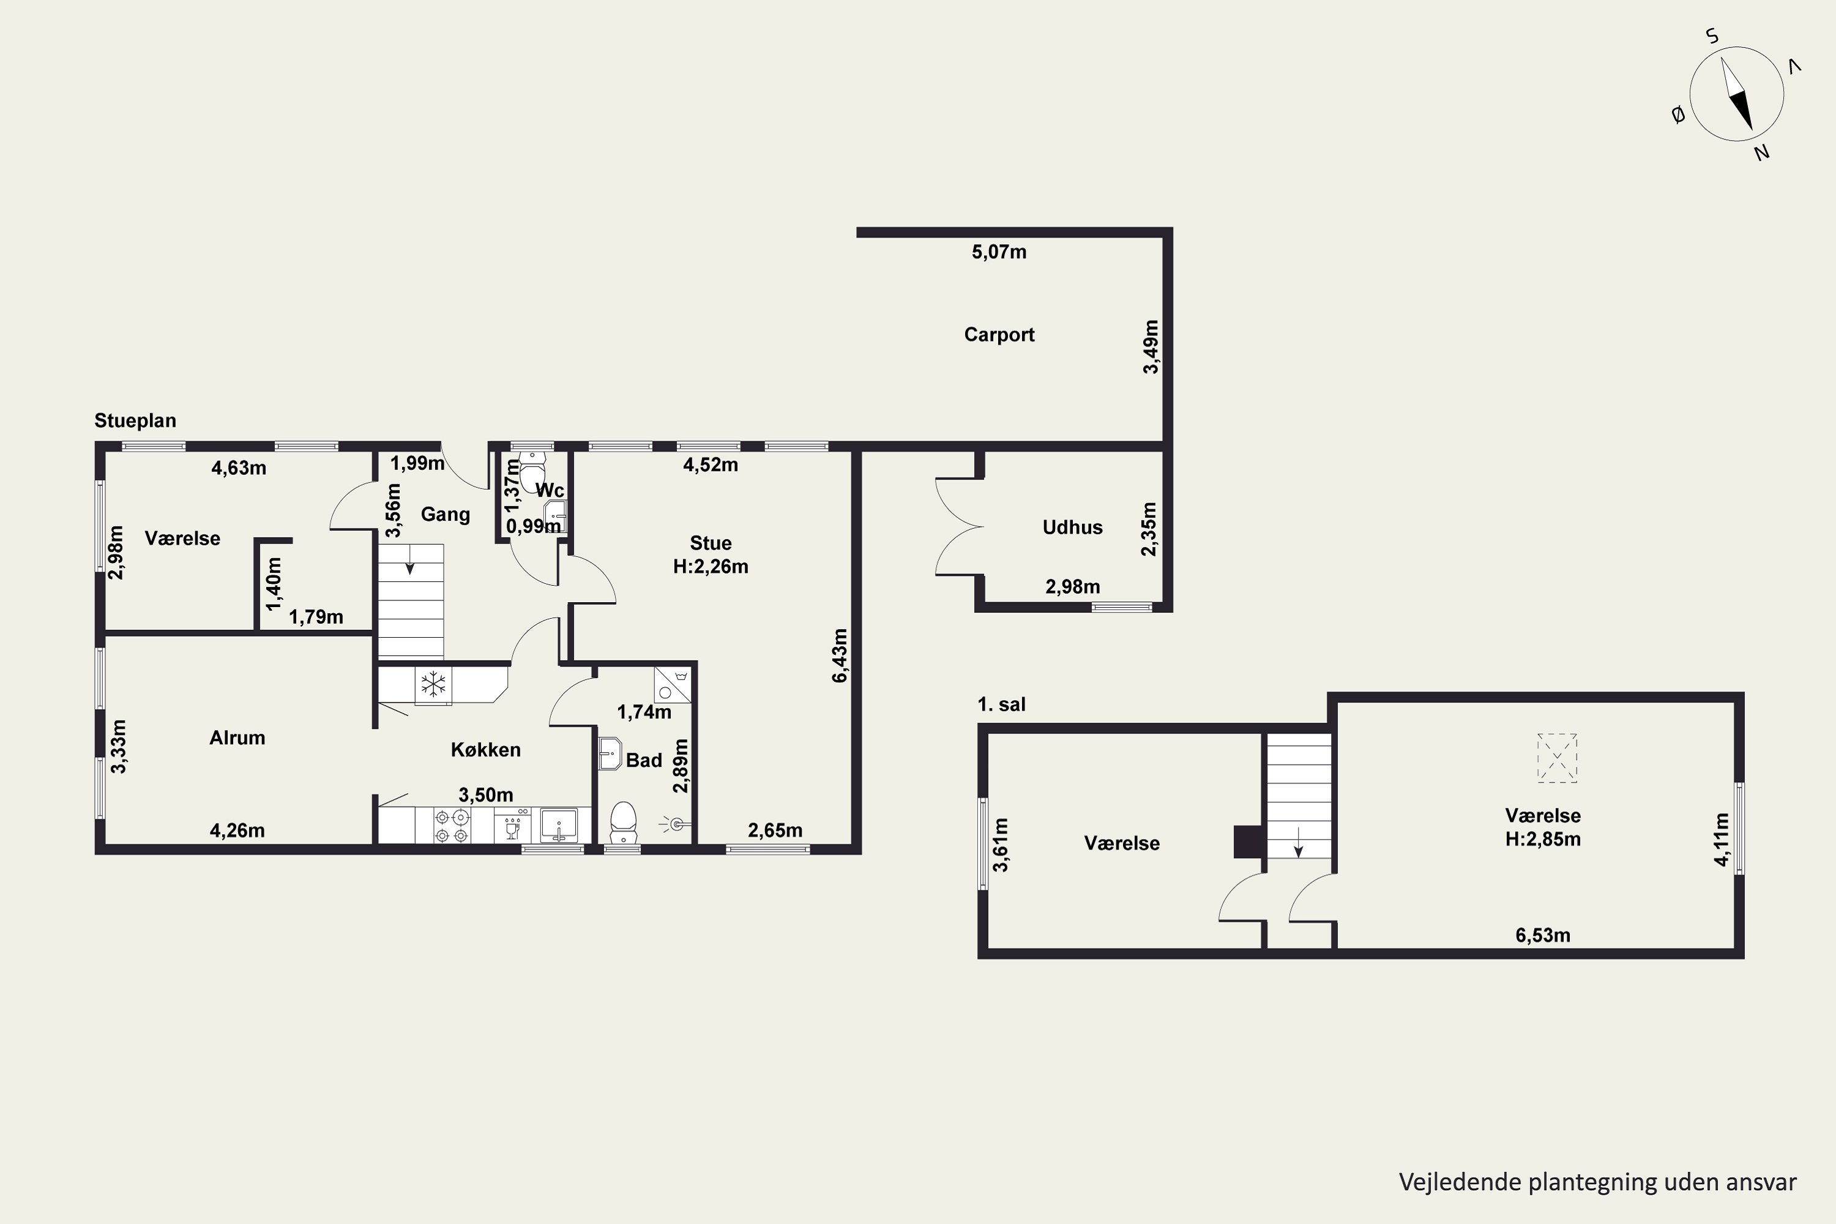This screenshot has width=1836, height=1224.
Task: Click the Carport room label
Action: click(999, 335)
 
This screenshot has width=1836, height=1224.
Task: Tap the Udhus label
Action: click(1073, 528)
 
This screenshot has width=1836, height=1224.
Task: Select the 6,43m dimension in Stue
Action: click(840, 655)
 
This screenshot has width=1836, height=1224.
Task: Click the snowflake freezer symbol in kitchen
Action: click(433, 685)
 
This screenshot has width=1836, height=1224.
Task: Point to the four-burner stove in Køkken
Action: click(452, 826)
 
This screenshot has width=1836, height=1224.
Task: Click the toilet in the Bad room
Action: click(623, 823)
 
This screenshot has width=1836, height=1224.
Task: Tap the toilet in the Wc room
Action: click(534, 471)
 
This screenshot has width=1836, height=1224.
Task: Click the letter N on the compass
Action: click(1761, 153)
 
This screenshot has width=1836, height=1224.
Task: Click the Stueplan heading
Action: click(135, 421)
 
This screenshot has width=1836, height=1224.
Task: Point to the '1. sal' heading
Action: click(1001, 704)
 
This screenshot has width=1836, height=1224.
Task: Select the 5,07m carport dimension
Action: click(999, 252)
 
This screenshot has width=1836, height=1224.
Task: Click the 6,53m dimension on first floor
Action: click(1543, 935)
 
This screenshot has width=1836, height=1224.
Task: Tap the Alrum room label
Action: click(237, 737)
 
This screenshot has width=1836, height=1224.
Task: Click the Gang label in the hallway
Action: click(446, 515)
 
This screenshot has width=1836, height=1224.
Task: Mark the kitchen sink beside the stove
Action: click(559, 825)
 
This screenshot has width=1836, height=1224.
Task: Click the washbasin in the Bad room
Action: click(610, 753)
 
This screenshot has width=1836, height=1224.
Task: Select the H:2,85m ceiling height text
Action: click(1543, 839)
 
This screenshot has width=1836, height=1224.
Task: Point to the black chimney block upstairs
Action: click(1249, 841)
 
